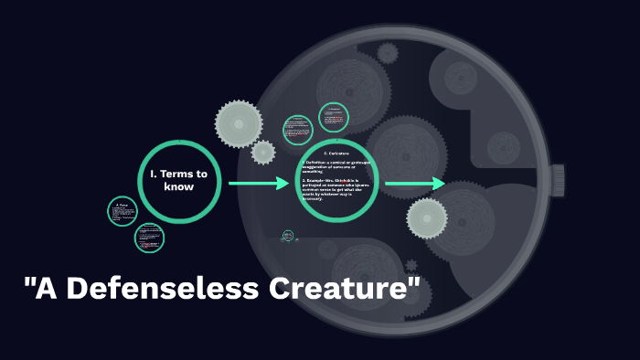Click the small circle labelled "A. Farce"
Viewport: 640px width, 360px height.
pos(123,212)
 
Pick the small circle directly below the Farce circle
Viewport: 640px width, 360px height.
pos(149,238)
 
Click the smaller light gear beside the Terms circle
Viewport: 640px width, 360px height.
pos(263,152)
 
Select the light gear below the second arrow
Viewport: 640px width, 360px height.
pos(426,217)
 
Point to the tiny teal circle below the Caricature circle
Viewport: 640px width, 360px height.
pos(289,236)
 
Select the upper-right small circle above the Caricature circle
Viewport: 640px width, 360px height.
pos(335,117)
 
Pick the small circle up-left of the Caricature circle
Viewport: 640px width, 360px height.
pos(298,130)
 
